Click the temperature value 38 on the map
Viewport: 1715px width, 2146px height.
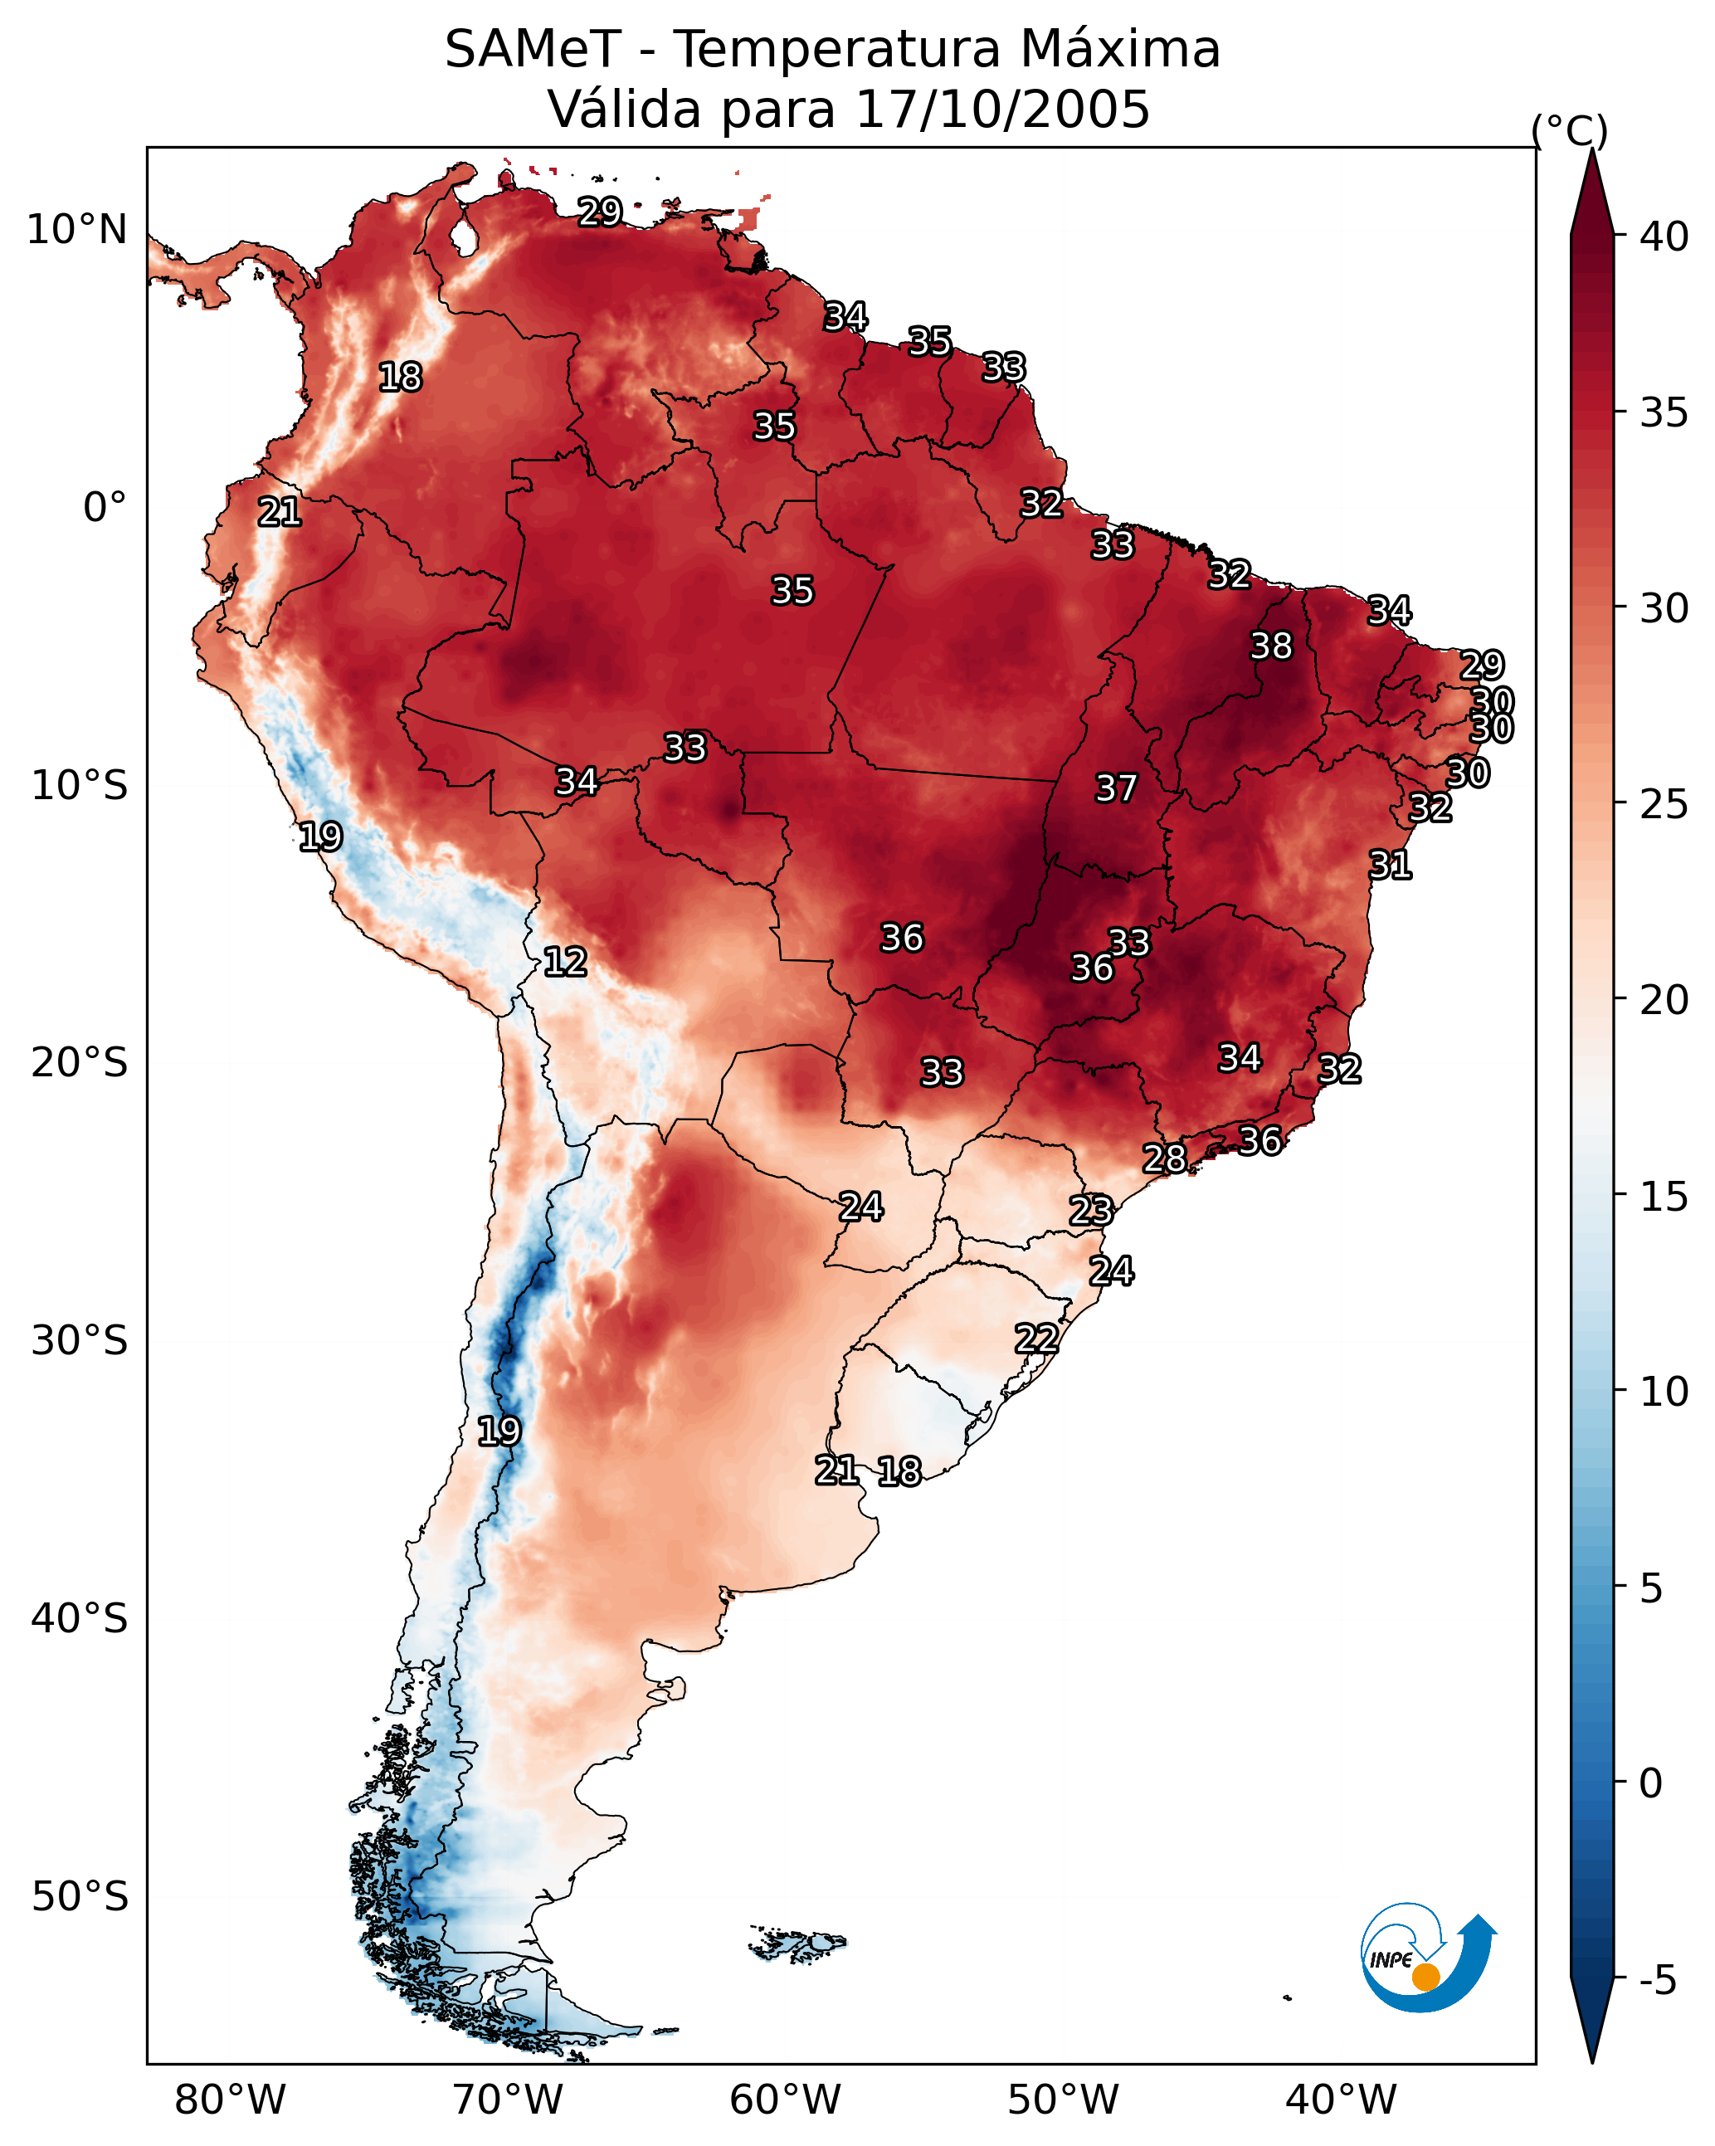pyautogui.click(x=1271, y=646)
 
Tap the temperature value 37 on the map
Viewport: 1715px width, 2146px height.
pyautogui.click(x=1116, y=788)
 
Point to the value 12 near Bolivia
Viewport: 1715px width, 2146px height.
pyautogui.click(x=564, y=962)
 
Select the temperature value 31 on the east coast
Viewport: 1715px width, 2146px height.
pyautogui.click(x=1390, y=865)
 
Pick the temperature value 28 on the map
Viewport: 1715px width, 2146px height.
pyautogui.click(x=1163, y=1158)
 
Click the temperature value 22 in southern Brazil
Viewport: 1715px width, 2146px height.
pyautogui.click(x=1036, y=1338)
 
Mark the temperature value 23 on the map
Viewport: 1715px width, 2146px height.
pyautogui.click(x=1090, y=1211)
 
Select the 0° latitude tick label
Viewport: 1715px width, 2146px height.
pyautogui.click(x=105, y=508)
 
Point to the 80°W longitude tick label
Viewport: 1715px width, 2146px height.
pyautogui.click(x=230, y=2100)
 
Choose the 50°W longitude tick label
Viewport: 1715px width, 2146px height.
pyautogui.click(x=1063, y=2100)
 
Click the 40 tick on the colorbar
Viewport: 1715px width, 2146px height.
pyautogui.click(x=1664, y=237)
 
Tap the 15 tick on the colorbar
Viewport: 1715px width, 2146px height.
pyautogui.click(x=1664, y=1197)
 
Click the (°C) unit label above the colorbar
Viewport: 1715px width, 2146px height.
pyautogui.click(x=1570, y=130)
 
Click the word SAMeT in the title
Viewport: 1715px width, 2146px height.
pyautogui.click(x=533, y=50)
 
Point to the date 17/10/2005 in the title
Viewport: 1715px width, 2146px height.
pyautogui.click(x=1001, y=110)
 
